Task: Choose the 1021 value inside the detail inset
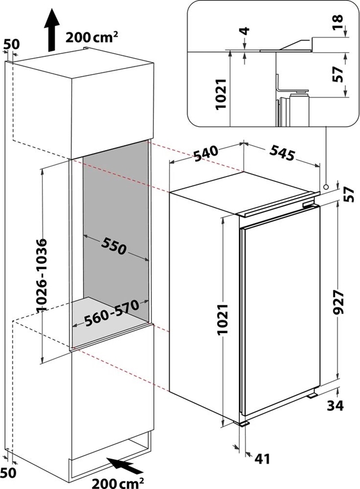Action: coord(221,95)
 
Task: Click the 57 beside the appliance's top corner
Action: coord(349,193)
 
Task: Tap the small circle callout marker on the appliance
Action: coord(326,187)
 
